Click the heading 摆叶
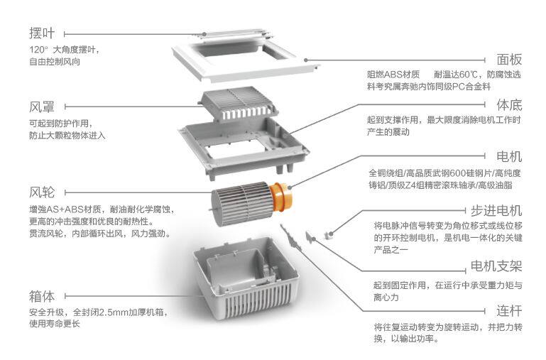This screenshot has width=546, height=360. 42,33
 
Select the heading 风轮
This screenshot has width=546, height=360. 42,192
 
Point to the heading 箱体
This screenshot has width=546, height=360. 42,295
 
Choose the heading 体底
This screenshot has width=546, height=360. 508,105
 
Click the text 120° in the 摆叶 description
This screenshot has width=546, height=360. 38,50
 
